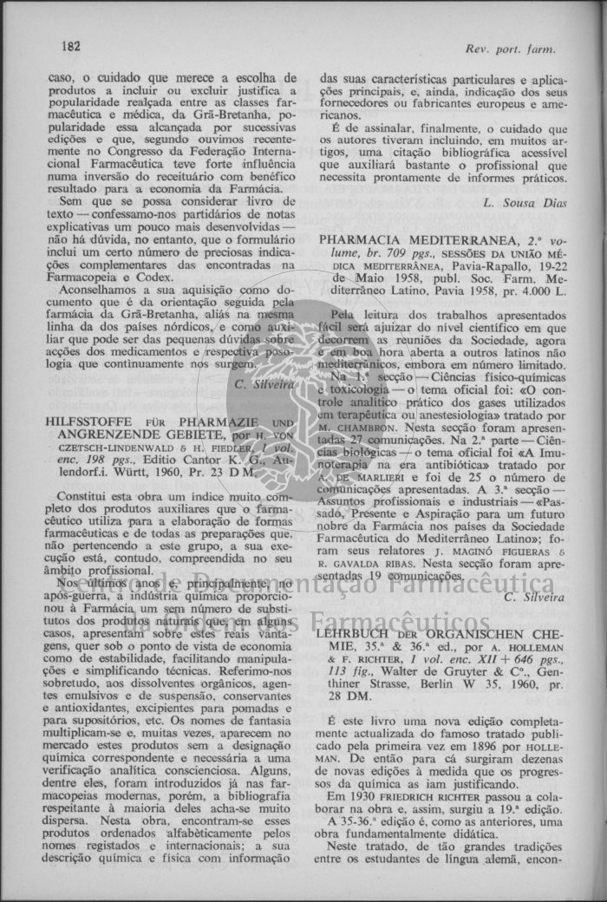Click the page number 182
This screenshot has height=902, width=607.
tap(71, 44)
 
